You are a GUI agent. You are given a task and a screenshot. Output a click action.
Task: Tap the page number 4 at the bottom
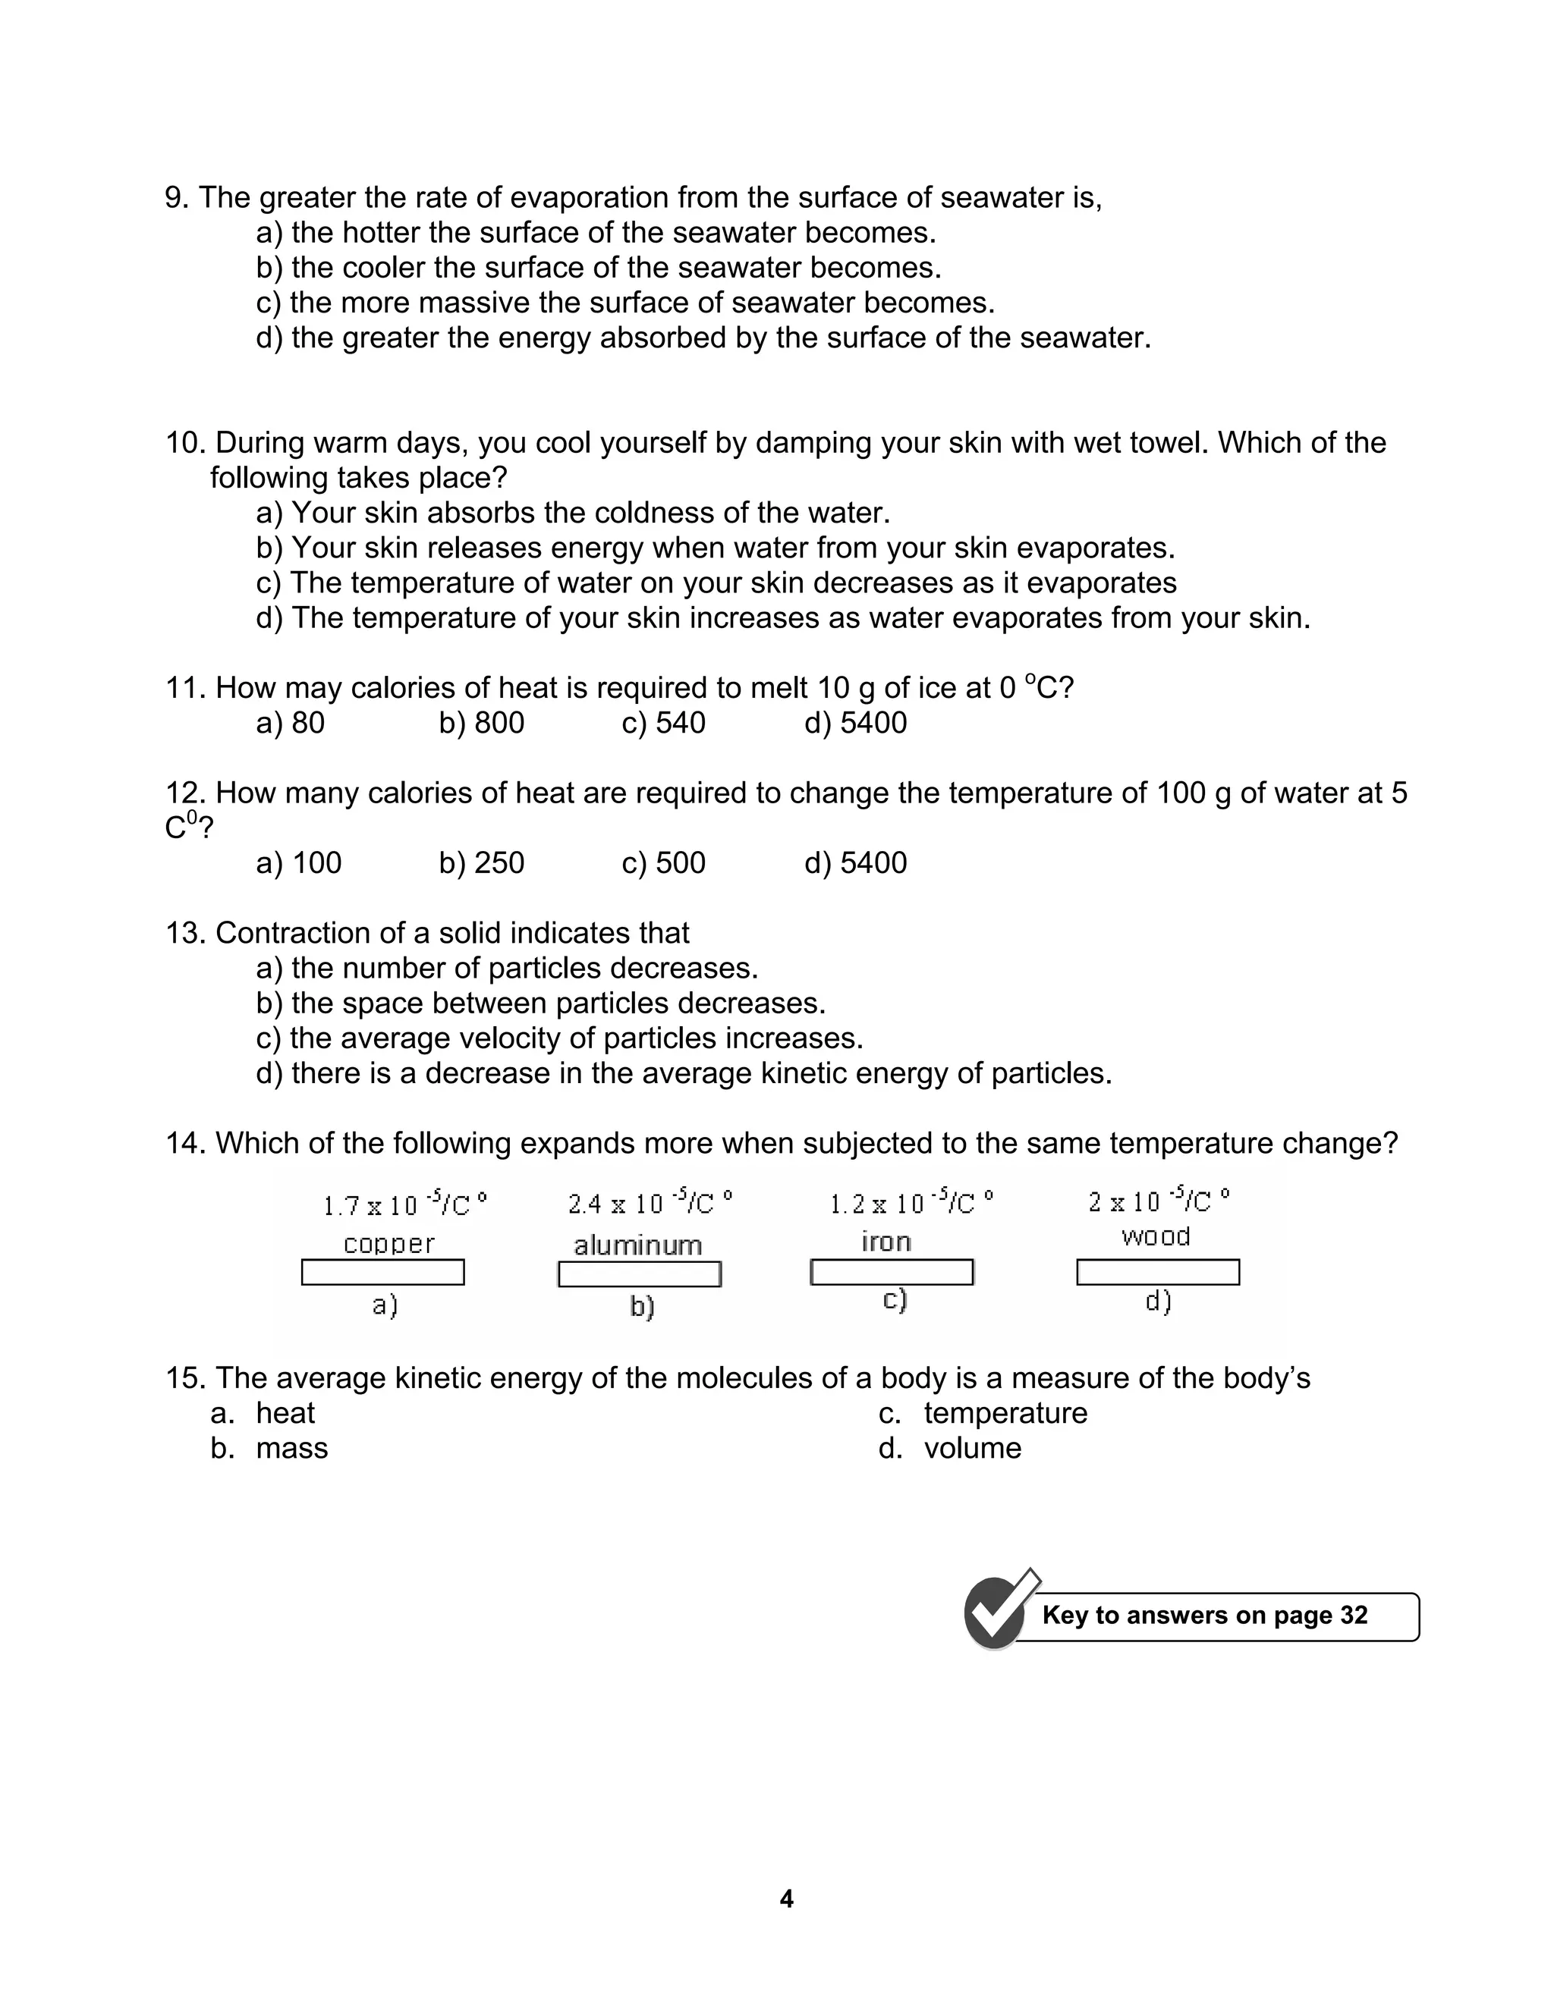point(785,1899)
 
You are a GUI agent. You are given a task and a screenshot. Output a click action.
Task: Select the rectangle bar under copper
point(383,1272)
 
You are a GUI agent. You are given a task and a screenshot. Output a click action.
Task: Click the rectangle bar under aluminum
point(639,1274)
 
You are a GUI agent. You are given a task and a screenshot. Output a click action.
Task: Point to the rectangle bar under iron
point(891,1271)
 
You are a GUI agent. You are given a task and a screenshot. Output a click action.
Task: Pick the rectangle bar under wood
point(1157,1272)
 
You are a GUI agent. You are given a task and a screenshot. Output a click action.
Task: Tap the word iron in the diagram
point(886,1242)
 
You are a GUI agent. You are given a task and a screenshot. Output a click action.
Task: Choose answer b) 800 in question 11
point(482,722)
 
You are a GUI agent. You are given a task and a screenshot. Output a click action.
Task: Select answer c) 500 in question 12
point(663,862)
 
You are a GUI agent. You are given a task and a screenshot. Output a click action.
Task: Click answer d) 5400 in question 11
point(855,722)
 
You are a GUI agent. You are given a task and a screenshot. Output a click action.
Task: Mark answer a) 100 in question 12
point(298,862)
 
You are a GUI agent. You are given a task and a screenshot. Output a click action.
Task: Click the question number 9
point(177,198)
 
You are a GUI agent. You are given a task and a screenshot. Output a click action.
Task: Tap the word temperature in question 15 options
point(1005,1413)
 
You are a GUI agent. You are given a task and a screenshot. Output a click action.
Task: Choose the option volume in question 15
point(972,1448)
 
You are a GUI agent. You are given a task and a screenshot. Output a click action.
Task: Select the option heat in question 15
point(285,1413)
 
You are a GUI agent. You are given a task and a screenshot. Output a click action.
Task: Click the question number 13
point(187,932)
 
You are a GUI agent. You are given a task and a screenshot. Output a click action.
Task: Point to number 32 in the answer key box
point(1354,1615)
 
